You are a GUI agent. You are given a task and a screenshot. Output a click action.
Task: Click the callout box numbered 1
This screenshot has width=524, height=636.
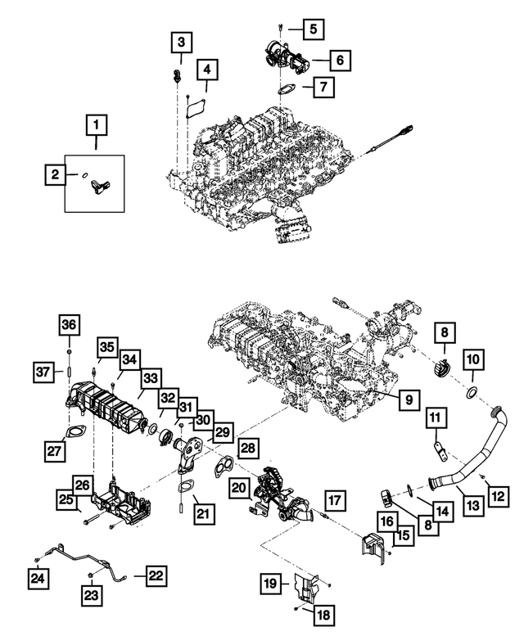click(x=97, y=126)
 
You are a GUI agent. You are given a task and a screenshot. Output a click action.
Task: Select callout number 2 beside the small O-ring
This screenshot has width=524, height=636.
click(x=56, y=174)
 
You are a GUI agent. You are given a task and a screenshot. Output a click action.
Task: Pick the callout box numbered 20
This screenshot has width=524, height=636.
click(x=238, y=489)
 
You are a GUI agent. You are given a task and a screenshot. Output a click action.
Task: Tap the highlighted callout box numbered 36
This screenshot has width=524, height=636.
click(x=69, y=326)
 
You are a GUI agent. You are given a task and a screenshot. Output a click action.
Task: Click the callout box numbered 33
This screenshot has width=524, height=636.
click(x=150, y=379)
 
